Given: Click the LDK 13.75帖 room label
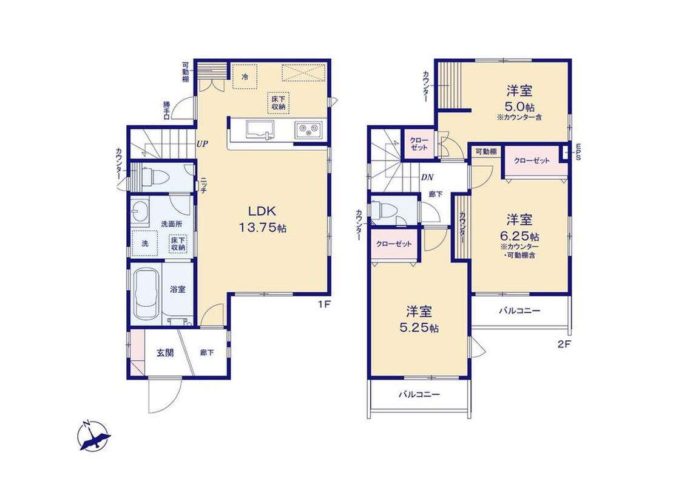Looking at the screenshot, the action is click(262, 219).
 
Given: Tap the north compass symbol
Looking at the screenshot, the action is click(93, 436).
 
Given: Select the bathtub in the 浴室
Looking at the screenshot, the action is click(147, 293).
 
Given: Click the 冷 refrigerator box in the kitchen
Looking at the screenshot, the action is click(245, 77).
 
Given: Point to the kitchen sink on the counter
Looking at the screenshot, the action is click(260, 130).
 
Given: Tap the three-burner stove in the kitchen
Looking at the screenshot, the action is click(308, 129).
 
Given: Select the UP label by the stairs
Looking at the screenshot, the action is click(202, 144).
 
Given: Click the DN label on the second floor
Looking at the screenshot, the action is click(427, 177).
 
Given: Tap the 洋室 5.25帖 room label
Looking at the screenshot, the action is click(419, 320).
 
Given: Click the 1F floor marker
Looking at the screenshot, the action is click(324, 304).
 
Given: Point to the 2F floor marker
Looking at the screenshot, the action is click(564, 344).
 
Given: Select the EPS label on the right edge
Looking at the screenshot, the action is click(578, 152).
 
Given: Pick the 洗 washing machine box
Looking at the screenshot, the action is click(145, 242).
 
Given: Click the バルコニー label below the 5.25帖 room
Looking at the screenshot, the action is click(419, 394).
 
